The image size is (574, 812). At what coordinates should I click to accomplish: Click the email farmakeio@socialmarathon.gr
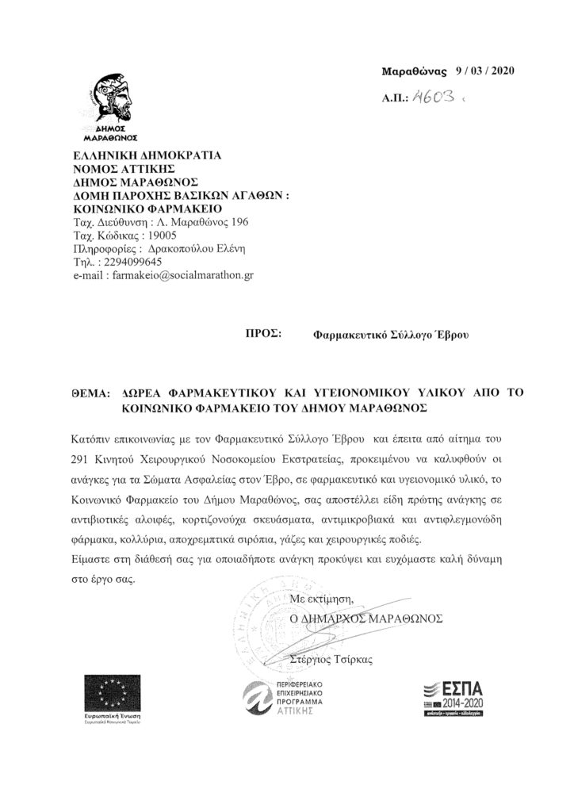[x=183, y=274]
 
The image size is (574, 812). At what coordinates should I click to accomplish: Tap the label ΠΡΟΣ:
[x=264, y=335]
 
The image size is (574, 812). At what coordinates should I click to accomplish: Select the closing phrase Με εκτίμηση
[x=320, y=599]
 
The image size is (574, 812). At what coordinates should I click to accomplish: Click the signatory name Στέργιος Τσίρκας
[x=332, y=657]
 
